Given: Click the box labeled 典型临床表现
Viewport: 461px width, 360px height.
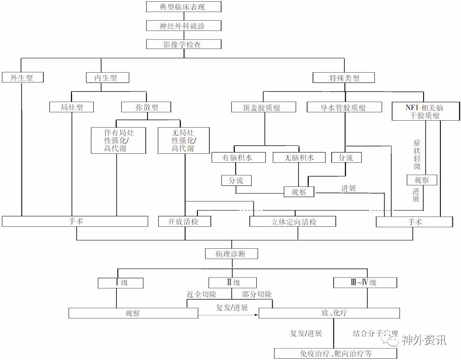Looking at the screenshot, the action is coord(184,7).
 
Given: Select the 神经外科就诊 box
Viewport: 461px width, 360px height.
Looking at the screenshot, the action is coord(184,26).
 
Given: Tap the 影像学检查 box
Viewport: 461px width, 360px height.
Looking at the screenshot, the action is coord(184,44).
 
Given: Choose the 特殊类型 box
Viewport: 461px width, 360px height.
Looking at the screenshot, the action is coord(344,78).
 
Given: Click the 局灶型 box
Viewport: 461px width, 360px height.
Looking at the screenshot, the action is coord(72,107).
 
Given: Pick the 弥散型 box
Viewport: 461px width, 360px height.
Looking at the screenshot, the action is coord(147,107).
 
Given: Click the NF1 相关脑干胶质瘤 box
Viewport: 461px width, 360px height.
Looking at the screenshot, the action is coord(424,111).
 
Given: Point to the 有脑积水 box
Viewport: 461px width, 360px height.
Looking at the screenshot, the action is coord(237,158).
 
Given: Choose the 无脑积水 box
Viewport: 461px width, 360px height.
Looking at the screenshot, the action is coord(299,158).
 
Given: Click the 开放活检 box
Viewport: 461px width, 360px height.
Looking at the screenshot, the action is coord(185,222).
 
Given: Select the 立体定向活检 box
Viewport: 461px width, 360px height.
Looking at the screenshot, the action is coord(292,222).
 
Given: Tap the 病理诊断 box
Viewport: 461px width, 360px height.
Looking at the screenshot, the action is coord(231,253).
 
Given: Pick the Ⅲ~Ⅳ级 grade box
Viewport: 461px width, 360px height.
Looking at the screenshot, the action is coord(365,283).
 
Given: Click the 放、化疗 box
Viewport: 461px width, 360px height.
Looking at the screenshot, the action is coord(329,313).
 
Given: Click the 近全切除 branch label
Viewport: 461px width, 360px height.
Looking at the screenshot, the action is coord(201,295).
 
